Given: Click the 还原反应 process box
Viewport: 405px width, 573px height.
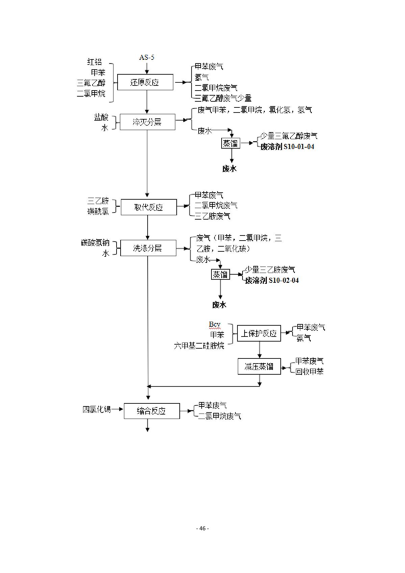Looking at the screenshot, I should (145, 82).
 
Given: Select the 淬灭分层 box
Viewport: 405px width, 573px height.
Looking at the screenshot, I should (147, 122).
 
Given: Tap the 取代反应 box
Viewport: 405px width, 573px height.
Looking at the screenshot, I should (149, 207).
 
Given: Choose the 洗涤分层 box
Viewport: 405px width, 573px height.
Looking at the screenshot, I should (148, 248).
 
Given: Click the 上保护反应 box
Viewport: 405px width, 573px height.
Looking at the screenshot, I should (259, 333).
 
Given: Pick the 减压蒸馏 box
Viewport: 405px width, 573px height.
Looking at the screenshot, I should (259, 366).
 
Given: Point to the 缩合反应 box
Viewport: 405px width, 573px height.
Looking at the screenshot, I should (152, 411).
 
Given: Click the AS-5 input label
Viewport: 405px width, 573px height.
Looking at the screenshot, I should (147, 57).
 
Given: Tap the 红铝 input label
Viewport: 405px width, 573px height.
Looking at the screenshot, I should (94, 62).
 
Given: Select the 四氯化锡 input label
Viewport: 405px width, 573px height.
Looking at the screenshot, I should (97, 409).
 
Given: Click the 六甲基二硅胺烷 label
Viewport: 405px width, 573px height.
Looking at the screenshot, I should (199, 346).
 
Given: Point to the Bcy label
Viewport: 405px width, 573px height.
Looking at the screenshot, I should (214, 325).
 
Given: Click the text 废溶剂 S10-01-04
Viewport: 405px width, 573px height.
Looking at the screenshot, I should (287, 147).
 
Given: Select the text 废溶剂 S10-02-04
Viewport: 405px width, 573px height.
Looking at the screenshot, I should (272, 280).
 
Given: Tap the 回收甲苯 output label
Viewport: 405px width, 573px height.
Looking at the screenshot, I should (309, 372).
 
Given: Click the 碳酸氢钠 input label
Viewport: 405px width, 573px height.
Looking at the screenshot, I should (95, 243).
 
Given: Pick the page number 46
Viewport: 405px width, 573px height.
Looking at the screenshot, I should (202, 528).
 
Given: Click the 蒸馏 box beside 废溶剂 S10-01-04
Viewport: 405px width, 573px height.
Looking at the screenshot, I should (231, 144).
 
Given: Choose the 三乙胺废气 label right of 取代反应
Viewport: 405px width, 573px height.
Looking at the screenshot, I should (213, 216).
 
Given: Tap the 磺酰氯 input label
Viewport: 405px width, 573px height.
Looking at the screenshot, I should (98, 211).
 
